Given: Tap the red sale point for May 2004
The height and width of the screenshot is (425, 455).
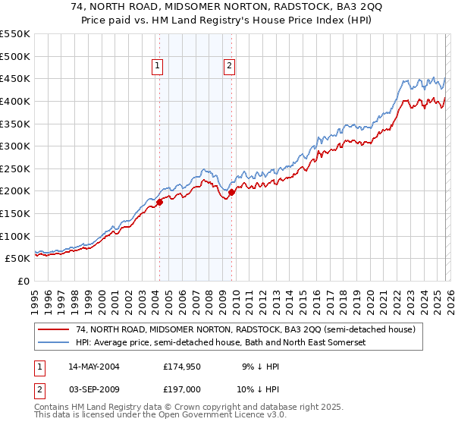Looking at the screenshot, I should click(160, 202).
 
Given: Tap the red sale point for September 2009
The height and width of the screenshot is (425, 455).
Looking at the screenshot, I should click(231, 192).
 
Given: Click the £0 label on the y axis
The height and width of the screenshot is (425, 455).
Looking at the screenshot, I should click(24, 281).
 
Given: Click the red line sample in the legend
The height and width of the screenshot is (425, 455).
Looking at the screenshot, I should click(53, 330).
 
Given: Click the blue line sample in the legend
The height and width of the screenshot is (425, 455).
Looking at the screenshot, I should click(53, 343).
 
